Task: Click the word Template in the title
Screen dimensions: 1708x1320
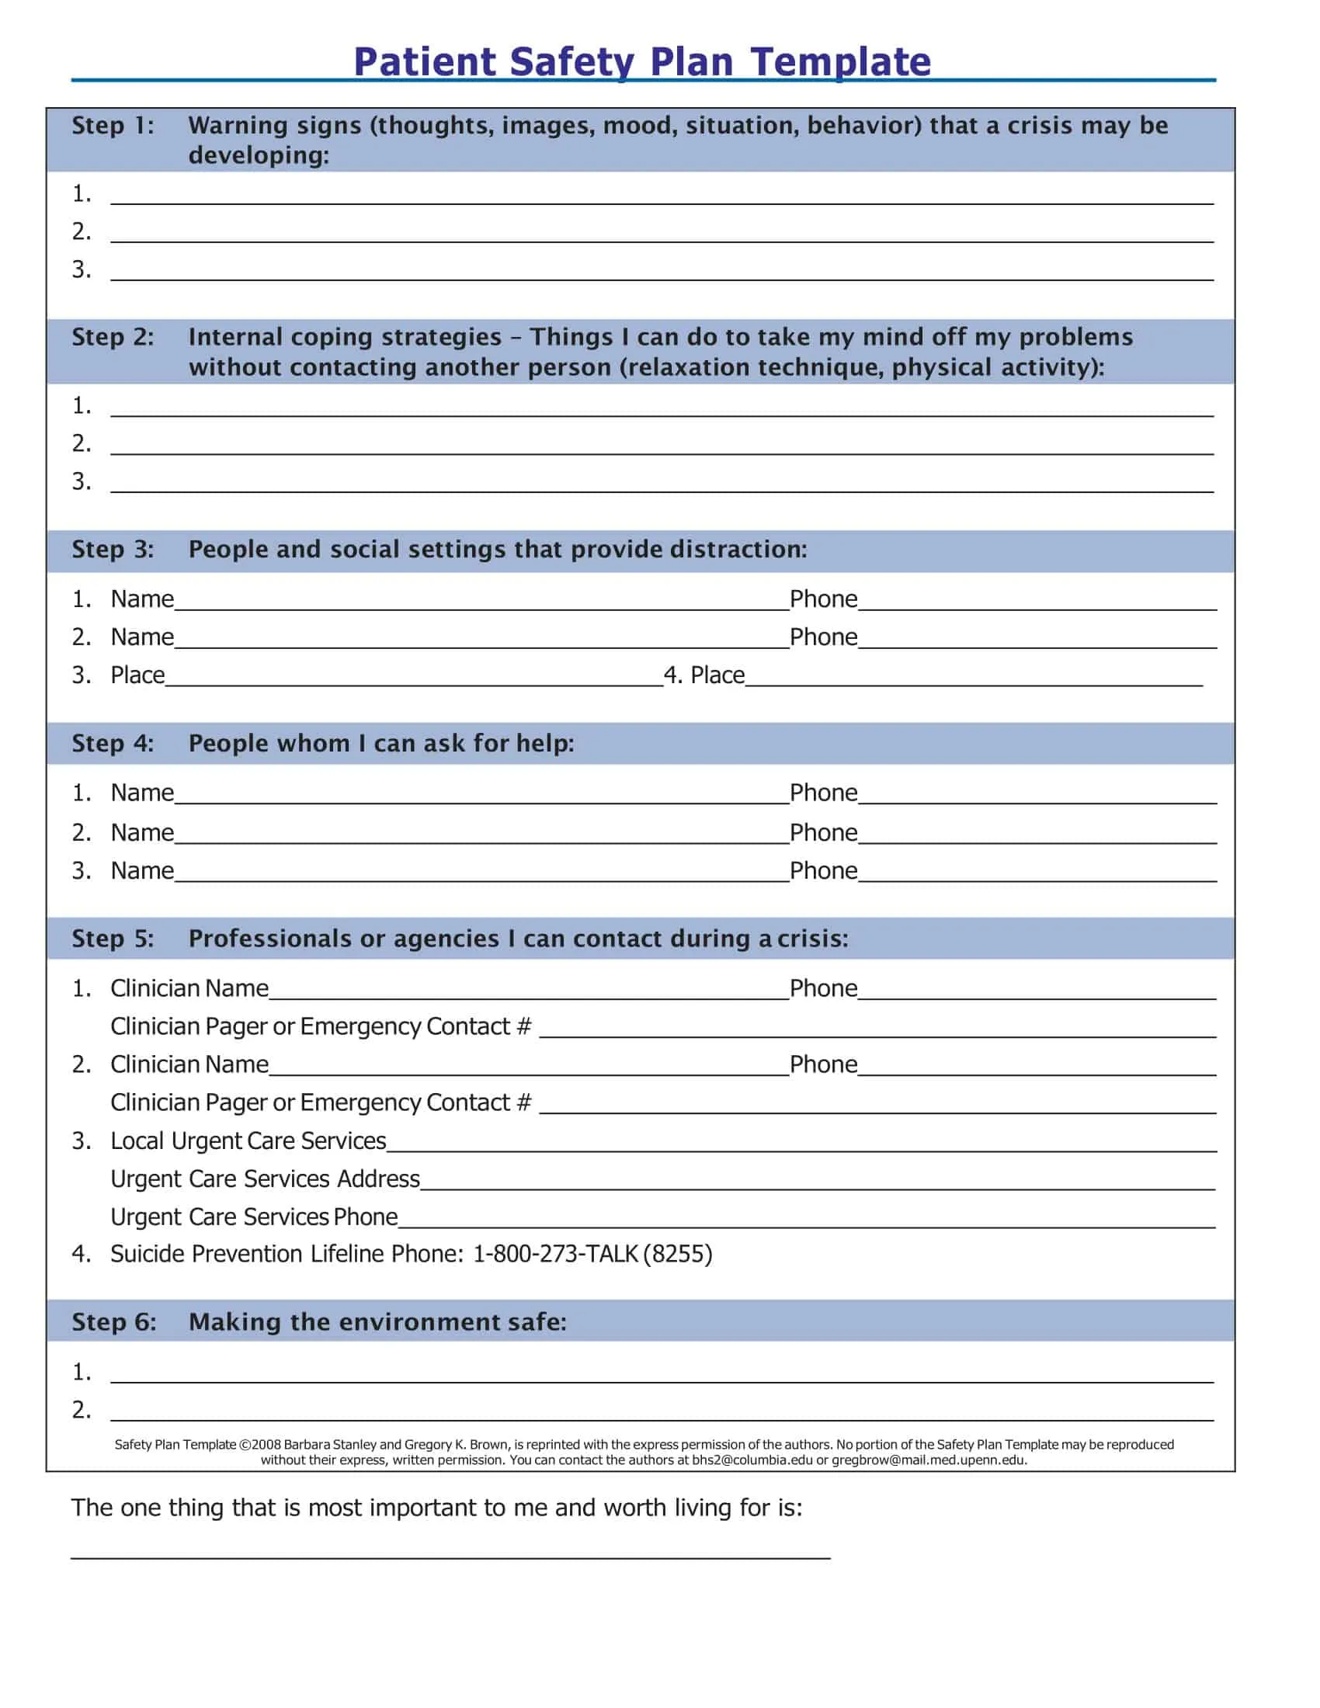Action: [841, 62]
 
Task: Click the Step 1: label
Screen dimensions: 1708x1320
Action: [113, 125]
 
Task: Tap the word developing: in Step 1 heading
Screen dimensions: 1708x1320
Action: [259, 155]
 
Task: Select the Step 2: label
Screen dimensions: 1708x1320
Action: [113, 337]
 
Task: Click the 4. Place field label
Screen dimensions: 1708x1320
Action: [703, 675]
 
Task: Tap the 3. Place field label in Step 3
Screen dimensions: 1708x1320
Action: [119, 675]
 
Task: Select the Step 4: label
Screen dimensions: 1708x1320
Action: [113, 743]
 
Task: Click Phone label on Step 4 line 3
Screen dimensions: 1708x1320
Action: [822, 870]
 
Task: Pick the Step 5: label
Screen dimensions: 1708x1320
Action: [113, 939]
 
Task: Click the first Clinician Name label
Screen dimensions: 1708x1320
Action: [189, 988]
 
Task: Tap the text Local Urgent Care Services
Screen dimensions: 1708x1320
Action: [248, 1141]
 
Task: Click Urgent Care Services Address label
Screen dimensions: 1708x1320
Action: [265, 1179]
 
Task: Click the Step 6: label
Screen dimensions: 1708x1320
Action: [114, 1321]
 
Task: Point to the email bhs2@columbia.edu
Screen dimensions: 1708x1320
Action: [752, 1460]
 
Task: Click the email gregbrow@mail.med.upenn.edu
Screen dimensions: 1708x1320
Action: [928, 1460]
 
